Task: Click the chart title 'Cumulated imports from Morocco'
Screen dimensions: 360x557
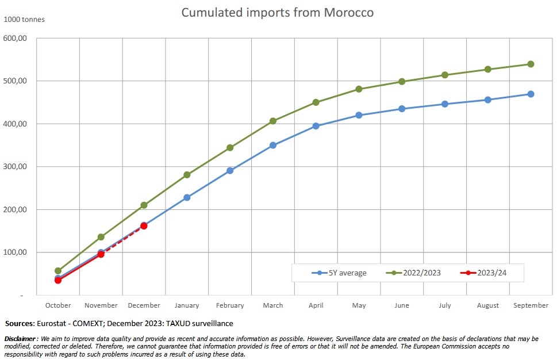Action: click(x=278, y=12)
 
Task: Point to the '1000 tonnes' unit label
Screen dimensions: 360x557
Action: click(x=24, y=20)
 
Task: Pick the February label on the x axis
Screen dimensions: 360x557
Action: click(x=230, y=305)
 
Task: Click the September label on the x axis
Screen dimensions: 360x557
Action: click(x=531, y=305)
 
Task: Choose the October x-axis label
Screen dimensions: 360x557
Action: click(x=58, y=305)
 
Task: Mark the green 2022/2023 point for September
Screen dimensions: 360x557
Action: click(x=531, y=64)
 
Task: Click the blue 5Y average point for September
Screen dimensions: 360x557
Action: click(x=531, y=94)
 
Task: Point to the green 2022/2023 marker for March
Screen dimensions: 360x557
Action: click(x=273, y=121)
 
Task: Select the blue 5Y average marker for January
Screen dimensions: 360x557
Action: click(x=187, y=197)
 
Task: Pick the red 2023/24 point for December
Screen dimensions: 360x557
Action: click(x=144, y=226)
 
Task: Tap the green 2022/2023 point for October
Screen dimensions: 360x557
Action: click(x=58, y=271)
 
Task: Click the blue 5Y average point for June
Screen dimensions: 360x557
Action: click(x=402, y=109)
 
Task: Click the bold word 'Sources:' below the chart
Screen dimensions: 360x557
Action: click(x=20, y=324)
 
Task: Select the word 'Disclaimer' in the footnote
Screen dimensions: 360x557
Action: click(x=20, y=338)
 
